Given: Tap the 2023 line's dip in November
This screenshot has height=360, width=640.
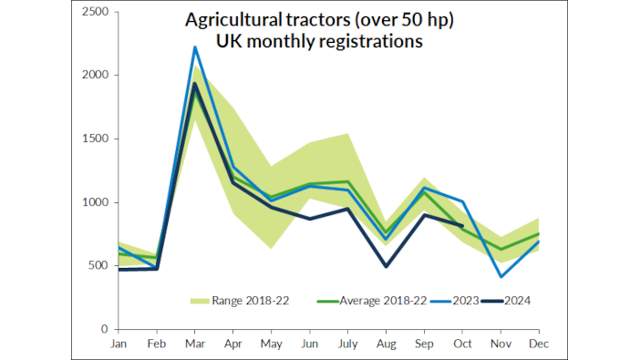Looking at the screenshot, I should [500, 276].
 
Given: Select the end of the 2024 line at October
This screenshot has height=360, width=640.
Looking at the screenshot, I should [464, 225].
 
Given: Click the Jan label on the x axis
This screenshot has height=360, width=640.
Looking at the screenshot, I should [119, 344].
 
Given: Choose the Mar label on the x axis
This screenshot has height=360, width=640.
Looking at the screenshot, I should [195, 344].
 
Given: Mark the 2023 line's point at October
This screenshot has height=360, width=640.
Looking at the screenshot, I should [464, 201].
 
